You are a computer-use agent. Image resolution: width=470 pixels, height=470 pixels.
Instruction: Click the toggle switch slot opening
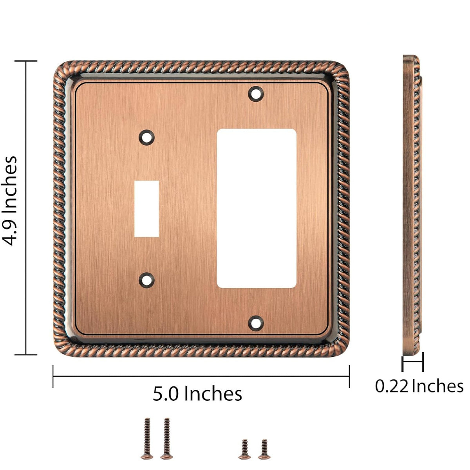click(x=146, y=209)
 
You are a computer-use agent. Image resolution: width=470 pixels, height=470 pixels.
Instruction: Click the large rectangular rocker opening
click(x=256, y=209)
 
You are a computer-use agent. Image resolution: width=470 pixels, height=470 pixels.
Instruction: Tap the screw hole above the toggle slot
click(x=147, y=137)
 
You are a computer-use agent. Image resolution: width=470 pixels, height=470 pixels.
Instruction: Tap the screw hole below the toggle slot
click(x=147, y=280)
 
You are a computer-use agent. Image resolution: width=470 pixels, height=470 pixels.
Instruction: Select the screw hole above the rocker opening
click(x=256, y=94)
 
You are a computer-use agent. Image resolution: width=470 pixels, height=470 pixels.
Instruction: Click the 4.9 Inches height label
click(x=11, y=201)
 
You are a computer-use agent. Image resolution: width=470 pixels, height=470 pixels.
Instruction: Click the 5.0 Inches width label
click(x=197, y=393)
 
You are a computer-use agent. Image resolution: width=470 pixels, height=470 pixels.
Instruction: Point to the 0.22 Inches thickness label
click(x=419, y=386)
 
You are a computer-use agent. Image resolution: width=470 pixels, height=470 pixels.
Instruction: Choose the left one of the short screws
click(x=245, y=448)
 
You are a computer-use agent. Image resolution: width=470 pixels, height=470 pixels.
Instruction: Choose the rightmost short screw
click(x=264, y=448)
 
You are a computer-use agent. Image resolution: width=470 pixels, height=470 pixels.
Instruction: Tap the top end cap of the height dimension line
click(x=26, y=61)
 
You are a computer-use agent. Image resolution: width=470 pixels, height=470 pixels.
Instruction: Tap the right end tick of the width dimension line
click(x=349, y=376)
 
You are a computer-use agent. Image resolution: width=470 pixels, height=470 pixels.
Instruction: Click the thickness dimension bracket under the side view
click(x=412, y=362)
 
